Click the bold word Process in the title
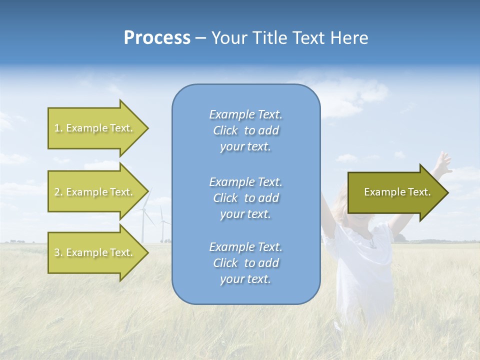(x=157, y=38)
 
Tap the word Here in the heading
(x=349, y=38)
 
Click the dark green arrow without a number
(x=395, y=192)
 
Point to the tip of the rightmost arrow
(x=447, y=192)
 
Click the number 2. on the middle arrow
(x=58, y=192)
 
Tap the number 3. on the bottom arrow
(x=58, y=252)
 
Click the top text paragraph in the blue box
(x=245, y=130)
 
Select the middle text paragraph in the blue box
(x=245, y=198)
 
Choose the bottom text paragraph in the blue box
(x=245, y=263)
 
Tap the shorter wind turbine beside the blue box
(x=162, y=225)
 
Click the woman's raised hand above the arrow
(x=442, y=161)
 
